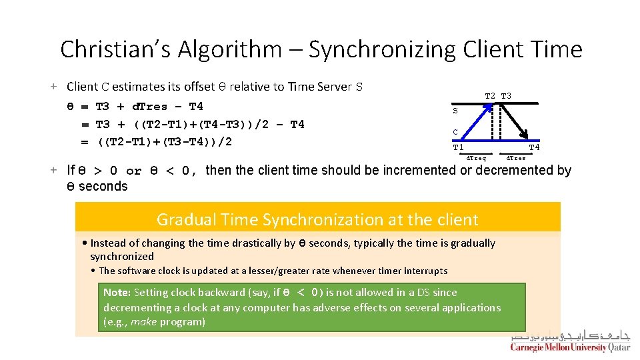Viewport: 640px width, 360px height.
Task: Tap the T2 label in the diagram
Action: (490, 96)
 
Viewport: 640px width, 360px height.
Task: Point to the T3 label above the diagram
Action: (507, 96)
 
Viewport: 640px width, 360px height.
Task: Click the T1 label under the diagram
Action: (458, 147)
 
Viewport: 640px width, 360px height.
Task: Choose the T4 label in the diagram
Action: (534, 147)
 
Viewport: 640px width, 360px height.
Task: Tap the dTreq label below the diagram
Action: (476, 159)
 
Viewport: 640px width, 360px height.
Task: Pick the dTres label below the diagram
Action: (516, 159)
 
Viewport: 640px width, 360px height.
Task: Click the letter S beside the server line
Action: (455, 111)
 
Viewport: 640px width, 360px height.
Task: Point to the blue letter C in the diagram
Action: (455, 132)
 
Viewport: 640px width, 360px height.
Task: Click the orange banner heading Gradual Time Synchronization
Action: (317, 219)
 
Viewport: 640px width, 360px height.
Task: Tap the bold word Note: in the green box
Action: (117, 293)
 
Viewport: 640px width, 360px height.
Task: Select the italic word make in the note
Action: (143, 322)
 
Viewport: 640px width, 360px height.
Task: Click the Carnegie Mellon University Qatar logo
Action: (569, 342)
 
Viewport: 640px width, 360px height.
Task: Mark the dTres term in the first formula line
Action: (150, 106)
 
